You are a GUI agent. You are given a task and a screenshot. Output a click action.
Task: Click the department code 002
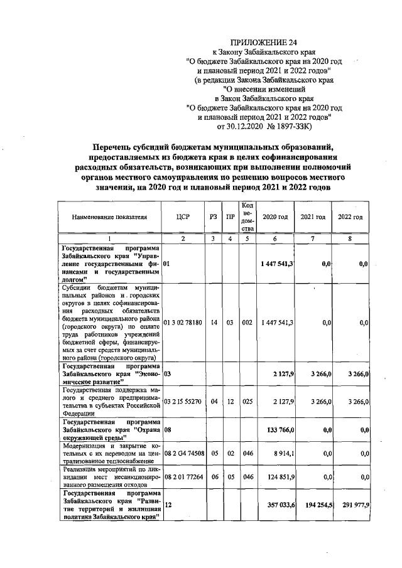click(247, 322)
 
